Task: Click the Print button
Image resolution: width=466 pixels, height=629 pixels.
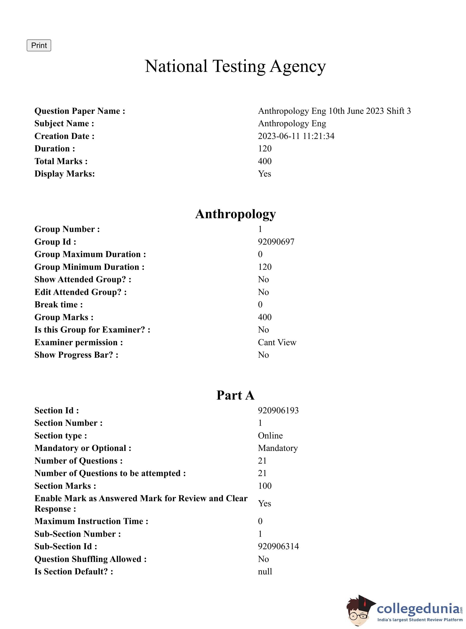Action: click(39, 45)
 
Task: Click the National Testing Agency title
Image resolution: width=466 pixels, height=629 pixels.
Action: click(235, 66)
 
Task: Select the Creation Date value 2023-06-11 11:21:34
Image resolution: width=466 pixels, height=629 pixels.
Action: click(296, 136)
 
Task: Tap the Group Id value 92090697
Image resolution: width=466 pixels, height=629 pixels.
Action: click(276, 242)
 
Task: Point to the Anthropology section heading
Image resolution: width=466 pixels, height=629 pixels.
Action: click(235, 214)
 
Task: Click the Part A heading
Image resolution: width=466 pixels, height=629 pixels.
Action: click(235, 395)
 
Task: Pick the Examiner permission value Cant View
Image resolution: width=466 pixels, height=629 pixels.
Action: click(277, 342)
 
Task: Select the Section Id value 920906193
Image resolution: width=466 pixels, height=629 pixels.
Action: click(278, 410)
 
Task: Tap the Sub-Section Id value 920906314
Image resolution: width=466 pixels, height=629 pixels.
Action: click(278, 546)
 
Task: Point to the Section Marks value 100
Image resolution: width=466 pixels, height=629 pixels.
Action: click(264, 485)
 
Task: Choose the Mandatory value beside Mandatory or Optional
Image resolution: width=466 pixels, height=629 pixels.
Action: click(278, 448)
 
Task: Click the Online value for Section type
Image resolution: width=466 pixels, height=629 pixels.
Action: click(270, 435)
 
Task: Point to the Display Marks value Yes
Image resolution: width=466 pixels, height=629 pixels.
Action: click(264, 174)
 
